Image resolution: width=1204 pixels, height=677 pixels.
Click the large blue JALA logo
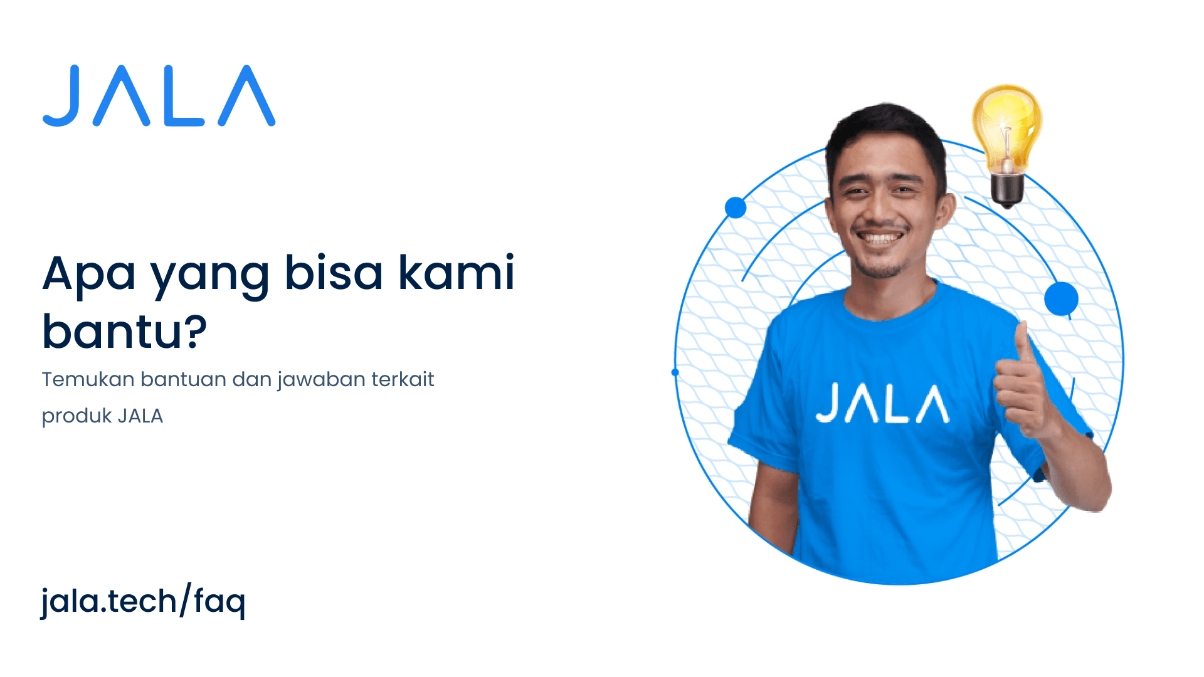(159, 96)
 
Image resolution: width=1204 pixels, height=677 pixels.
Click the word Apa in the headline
(88, 273)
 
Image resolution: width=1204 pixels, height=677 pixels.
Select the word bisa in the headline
(334, 273)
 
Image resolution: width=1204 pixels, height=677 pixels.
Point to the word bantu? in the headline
(124, 331)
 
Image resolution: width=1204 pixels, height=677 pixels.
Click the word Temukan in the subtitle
(88, 379)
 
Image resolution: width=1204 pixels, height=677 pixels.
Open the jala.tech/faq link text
(143, 601)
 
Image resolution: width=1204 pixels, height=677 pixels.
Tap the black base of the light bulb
(1007, 191)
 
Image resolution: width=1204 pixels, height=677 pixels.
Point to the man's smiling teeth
(880, 238)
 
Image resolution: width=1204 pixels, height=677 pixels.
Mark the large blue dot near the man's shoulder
(1061, 298)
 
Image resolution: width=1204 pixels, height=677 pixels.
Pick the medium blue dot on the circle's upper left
(736, 207)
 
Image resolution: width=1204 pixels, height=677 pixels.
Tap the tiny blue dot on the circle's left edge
(675, 372)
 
